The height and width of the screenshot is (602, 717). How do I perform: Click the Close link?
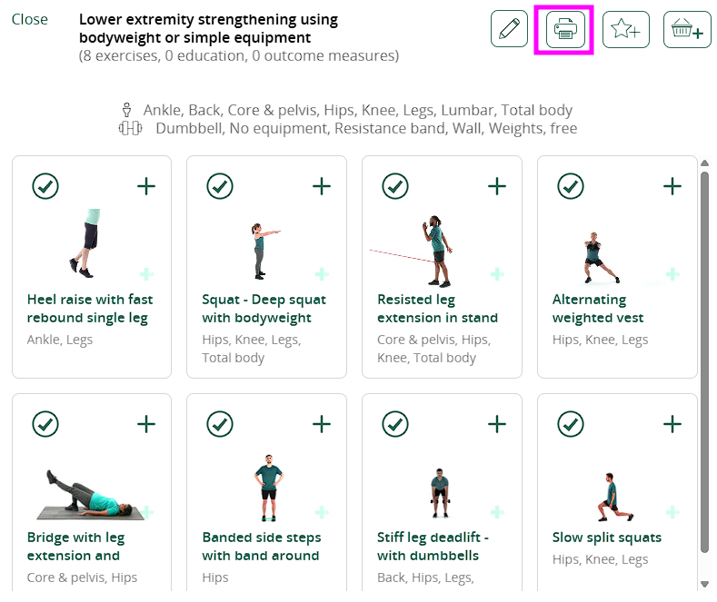tap(30, 19)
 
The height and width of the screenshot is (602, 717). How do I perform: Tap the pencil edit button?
tap(509, 29)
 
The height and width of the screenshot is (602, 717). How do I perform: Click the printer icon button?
tap(565, 29)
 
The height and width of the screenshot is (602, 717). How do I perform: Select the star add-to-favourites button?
tap(625, 29)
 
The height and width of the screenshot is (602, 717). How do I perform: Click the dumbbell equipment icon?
tap(130, 128)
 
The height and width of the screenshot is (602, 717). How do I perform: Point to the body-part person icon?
tap(126, 110)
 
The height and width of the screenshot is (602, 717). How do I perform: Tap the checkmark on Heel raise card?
tap(45, 186)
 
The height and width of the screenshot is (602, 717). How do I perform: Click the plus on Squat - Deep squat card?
tap(322, 186)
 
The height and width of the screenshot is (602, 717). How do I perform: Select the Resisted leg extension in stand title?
tap(437, 309)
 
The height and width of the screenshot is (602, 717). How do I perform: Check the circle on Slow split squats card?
tap(571, 424)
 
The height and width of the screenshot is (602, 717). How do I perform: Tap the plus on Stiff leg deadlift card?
tap(496, 424)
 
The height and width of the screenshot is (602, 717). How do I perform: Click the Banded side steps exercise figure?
tap(269, 488)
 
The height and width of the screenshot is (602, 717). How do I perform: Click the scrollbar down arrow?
tap(704, 584)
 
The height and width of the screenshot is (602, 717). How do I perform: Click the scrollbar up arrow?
tap(704, 163)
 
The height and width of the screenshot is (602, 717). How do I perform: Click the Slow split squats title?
tap(607, 538)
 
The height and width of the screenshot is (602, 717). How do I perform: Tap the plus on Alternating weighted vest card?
tap(672, 186)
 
